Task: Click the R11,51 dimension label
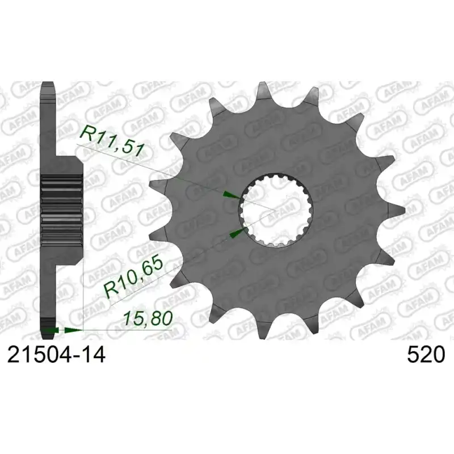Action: click(112, 141)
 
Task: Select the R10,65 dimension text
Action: click(133, 278)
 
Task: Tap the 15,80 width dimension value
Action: click(148, 318)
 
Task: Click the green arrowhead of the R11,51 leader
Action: click(232, 195)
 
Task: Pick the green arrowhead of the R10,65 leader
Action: click(238, 232)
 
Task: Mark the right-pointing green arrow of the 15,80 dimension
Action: click(74, 330)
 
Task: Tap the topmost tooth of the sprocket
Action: click(263, 90)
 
